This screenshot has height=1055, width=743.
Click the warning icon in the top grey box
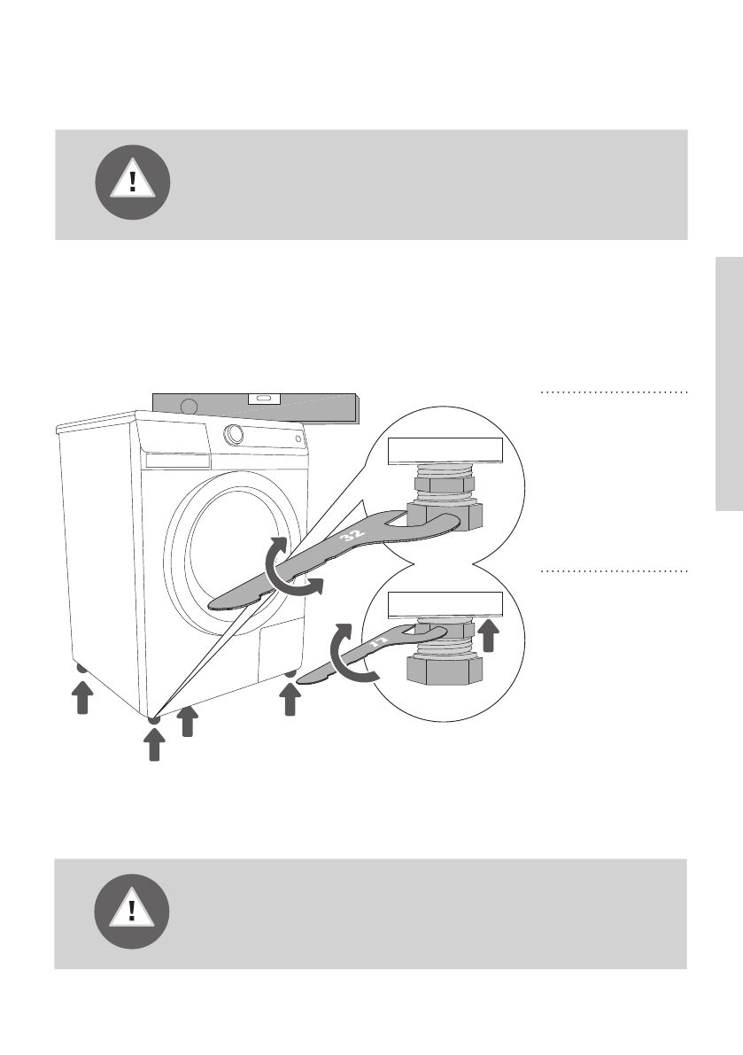133,182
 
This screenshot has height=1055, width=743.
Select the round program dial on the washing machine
235,434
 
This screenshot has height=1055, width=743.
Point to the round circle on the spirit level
188,407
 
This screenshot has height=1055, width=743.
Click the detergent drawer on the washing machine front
177,461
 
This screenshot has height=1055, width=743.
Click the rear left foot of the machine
81,669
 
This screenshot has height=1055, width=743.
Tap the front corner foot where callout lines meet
154,719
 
